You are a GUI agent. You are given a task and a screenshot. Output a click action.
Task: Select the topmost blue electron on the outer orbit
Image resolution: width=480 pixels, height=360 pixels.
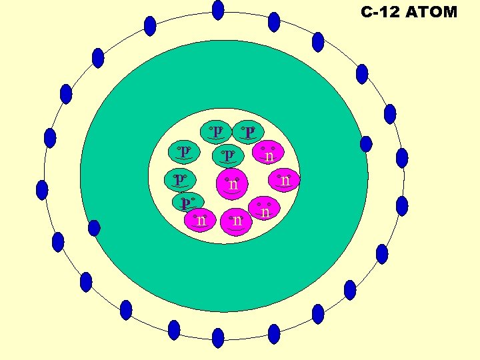[x=218, y=10]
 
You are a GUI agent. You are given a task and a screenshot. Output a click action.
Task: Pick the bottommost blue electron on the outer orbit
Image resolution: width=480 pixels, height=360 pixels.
[x=218, y=338]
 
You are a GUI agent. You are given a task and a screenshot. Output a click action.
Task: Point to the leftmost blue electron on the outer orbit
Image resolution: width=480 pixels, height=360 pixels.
[x=42, y=190]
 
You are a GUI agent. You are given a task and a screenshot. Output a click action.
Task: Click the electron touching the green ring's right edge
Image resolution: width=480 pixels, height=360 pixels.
[x=366, y=143]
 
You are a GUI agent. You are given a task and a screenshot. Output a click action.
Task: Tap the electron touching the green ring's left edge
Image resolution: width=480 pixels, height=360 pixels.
[x=94, y=228]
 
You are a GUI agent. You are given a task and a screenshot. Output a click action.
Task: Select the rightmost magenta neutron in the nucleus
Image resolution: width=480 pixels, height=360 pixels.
[x=286, y=179]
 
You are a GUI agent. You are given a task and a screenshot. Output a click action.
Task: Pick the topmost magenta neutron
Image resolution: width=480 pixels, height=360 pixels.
[x=268, y=154]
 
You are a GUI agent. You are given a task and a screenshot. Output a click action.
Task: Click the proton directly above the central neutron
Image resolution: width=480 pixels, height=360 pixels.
[x=228, y=155]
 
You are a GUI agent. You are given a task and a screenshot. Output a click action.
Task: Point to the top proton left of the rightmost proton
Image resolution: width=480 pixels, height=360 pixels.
[x=216, y=130]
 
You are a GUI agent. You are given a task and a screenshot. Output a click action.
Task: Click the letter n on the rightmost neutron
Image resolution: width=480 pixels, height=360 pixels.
[x=286, y=181]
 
